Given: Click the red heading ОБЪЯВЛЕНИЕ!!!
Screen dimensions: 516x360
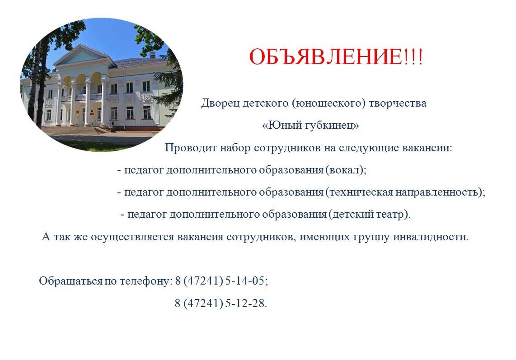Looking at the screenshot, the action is click(336, 56).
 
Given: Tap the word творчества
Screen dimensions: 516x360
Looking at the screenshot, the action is click(398, 103).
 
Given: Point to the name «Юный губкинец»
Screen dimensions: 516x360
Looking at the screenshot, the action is click(310, 126).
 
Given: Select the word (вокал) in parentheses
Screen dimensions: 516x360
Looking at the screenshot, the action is click(344, 170).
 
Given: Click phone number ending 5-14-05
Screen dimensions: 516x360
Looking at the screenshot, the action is click(221, 281).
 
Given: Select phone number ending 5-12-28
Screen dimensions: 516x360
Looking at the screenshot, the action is click(220, 303).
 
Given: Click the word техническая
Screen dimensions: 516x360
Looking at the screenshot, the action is click(361, 192).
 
